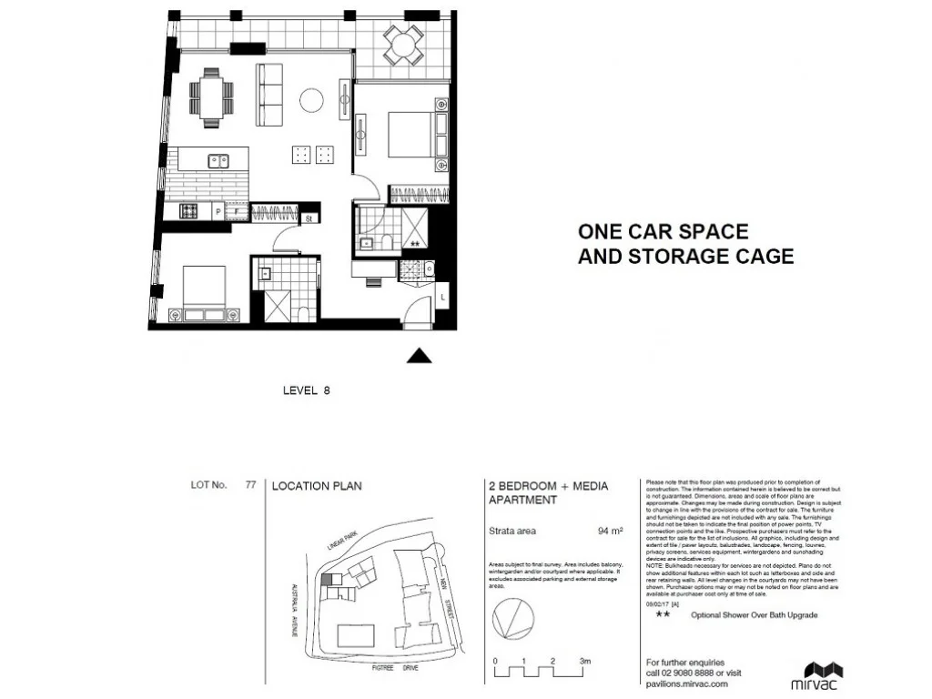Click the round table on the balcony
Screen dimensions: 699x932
402,44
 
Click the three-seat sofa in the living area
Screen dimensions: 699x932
268,96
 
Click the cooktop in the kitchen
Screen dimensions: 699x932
190,211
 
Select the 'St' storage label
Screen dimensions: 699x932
309,218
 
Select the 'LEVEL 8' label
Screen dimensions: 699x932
306,390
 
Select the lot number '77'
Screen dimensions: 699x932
249,486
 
